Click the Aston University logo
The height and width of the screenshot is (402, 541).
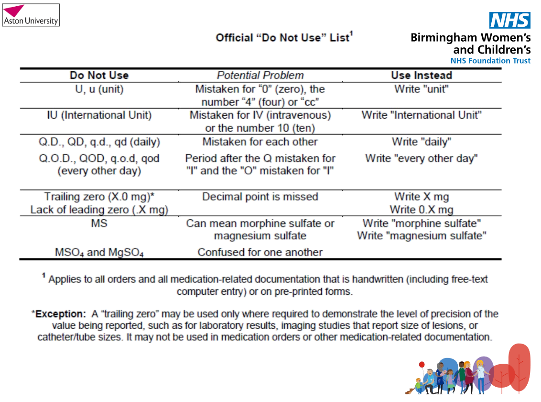(x=31, y=15)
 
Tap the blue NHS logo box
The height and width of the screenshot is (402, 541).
(x=509, y=20)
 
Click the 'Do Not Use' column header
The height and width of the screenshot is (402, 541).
(x=99, y=75)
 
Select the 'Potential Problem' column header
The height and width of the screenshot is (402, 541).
(x=260, y=75)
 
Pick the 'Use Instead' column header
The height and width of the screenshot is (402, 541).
(x=421, y=75)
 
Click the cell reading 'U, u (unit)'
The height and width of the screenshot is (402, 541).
(x=99, y=89)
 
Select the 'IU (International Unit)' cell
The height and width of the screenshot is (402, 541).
(x=99, y=115)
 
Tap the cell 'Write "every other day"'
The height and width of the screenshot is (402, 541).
(x=421, y=158)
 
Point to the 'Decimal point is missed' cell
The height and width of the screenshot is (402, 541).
(x=260, y=197)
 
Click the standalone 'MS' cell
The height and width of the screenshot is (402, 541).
(x=99, y=223)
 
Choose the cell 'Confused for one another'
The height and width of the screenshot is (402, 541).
(x=260, y=252)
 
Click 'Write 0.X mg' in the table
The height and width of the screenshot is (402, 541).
(x=421, y=210)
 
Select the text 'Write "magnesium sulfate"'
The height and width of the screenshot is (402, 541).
(x=421, y=236)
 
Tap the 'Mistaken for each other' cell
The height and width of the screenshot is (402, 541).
(x=260, y=142)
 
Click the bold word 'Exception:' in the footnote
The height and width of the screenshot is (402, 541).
(x=60, y=314)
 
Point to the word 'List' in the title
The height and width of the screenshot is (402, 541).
(x=339, y=38)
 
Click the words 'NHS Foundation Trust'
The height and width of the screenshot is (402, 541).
(x=490, y=61)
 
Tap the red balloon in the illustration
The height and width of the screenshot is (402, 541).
(x=422, y=365)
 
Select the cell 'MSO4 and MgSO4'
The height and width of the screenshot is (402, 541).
(x=99, y=253)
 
